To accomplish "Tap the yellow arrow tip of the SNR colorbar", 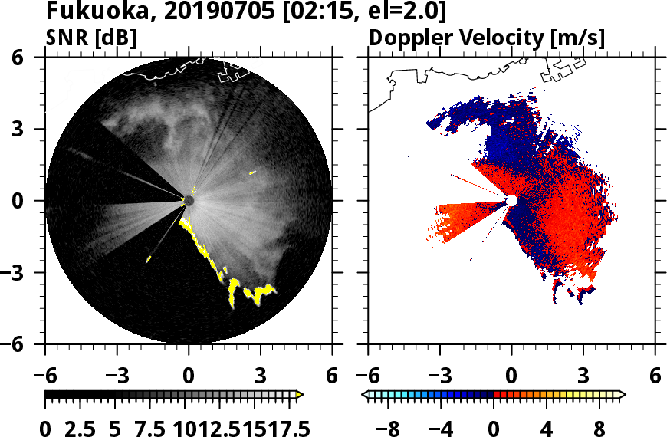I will click(300, 395).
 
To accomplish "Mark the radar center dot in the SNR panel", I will click(189, 201).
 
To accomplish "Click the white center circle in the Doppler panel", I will click(511, 201).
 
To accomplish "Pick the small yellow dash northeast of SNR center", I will click(252, 173).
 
